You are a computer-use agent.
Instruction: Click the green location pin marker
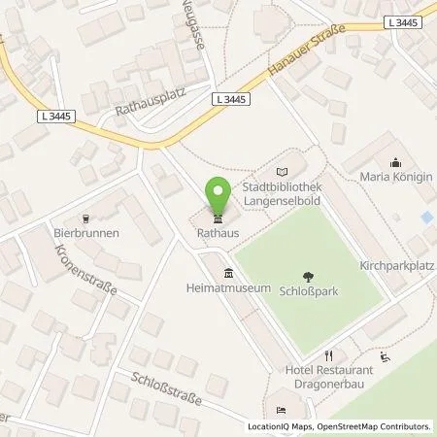(x=218, y=195)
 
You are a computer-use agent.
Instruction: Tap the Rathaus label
(x=218, y=232)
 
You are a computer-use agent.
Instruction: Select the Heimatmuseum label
(x=228, y=288)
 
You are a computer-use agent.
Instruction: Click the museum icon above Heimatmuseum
(x=228, y=272)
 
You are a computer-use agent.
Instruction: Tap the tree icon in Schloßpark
(x=309, y=276)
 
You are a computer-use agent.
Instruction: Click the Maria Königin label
(x=394, y=178)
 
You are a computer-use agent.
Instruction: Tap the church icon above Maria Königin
(x=394, y=162)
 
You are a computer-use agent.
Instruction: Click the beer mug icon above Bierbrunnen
(x=85, y=218)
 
